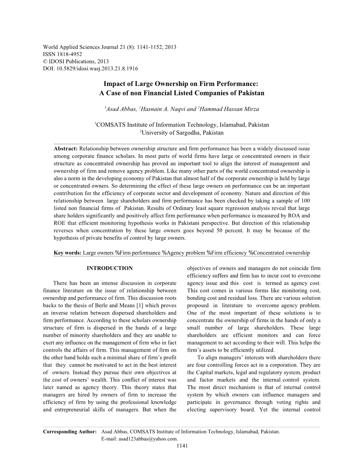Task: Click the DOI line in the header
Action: tap(90, 69)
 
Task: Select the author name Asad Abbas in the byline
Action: tap(120, 109)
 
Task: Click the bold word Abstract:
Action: tap(66, 148)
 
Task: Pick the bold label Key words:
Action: tap(67, 253)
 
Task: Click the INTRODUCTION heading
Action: tap(110, 268)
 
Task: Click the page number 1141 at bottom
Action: tap(181, 446)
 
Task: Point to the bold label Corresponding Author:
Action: tap(70, 432)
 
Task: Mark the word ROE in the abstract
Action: tap(59, 223)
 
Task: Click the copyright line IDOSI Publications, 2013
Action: tap(78, 61)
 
